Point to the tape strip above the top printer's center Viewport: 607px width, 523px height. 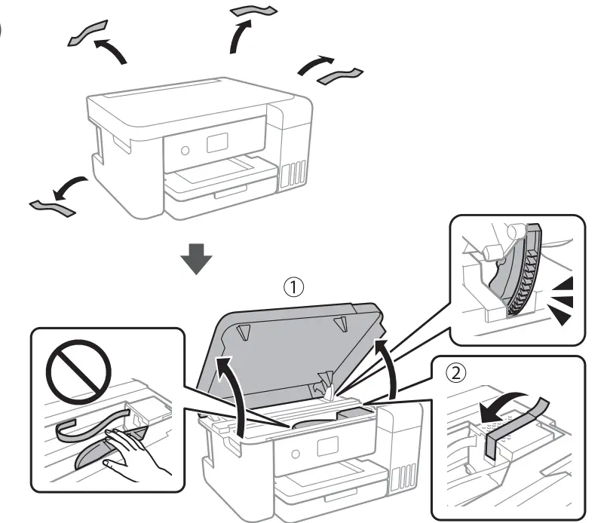coord(254,11)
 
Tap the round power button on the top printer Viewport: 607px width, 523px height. coord(185,149)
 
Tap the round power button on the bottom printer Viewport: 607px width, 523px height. coord(296,455)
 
